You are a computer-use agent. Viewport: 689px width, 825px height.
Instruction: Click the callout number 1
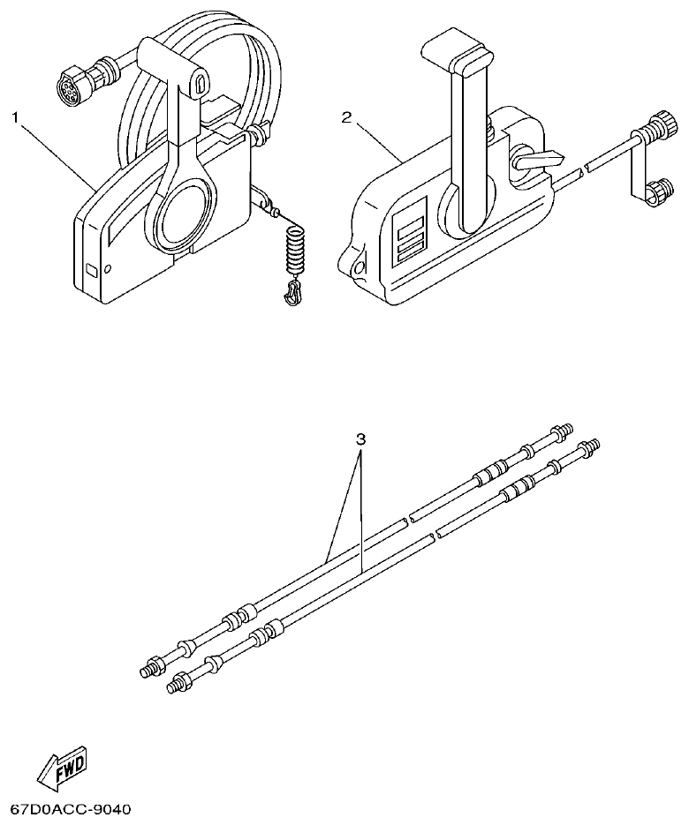[x=15, y=116]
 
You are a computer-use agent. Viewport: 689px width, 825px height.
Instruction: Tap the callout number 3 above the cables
[x=360, y=439]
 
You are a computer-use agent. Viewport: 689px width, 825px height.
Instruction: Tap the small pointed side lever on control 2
[x=539, y=161]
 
